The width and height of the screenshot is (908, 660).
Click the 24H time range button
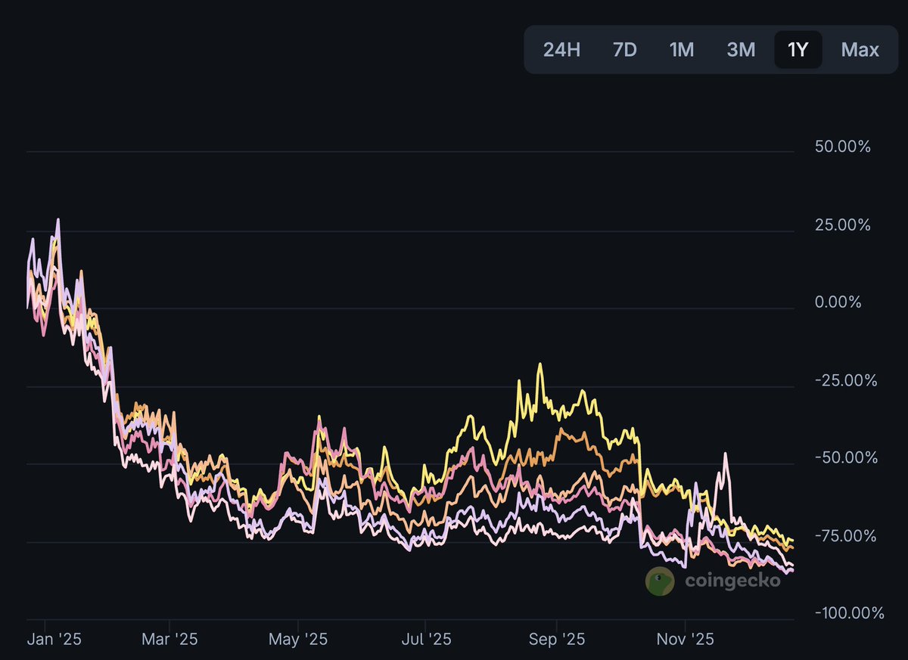click(x=561, y=50)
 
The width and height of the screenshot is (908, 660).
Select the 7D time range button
click(x=624, y=50)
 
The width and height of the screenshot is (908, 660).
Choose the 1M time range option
click(x=681, y=50)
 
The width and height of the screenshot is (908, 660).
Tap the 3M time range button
click(x=741, y=50)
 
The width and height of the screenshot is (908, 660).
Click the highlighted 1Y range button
click(x=798, y=50)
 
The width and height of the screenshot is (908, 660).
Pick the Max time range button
click(x=860, y=50)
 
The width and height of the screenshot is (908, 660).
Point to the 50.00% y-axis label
click(x=843, y=146)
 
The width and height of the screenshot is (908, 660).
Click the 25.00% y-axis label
click(x=843, y=225)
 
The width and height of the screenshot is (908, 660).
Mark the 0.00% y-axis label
click(x=838, y=302)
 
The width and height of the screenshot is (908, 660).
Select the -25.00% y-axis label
click(x=845, y=380)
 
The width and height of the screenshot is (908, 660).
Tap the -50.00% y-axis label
click(x=845, y=458)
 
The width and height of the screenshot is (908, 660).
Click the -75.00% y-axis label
click(x=845, y=536)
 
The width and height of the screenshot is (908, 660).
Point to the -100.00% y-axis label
click(x=849, y=612)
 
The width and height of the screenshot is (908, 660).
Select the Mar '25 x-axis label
click(x=171, y=640)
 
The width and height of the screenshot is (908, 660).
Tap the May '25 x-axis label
click(x=298, y=640)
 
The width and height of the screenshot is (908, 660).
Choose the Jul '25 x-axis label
click(x=425, y=640)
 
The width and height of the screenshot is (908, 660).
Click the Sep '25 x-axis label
click(x=556, y=640)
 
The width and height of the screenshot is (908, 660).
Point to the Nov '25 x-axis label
click(x=685, y=640)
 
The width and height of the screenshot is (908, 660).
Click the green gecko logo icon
click(x=660, y=581)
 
